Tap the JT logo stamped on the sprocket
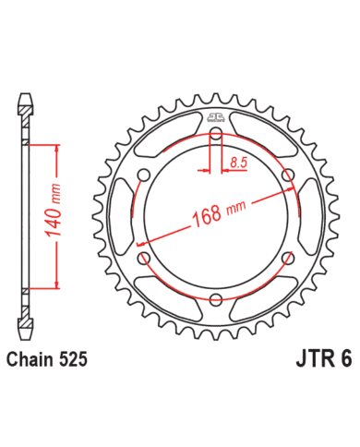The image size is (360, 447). point(215,117)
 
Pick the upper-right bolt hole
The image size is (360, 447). point(286,175)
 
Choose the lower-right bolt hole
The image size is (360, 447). point(286,258)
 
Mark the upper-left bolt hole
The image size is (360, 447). point(145,175)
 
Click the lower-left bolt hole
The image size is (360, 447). point(145,258)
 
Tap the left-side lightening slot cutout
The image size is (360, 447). point(123,216)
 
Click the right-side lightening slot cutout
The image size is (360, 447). point(308,216)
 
